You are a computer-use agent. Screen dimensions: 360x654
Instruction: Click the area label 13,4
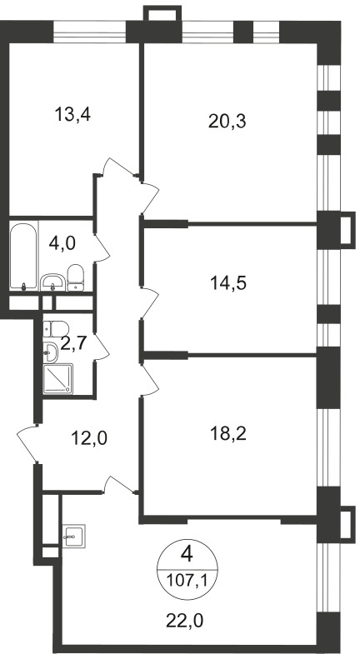pyautogui.click(x=72, y=114)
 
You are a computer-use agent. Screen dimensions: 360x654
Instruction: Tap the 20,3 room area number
pyautogui.click(x=227, y=122)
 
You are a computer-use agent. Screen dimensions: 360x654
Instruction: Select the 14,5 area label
pyautogui.click(x=228, y=283)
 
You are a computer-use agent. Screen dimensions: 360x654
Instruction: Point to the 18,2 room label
pyautogui.click(x=228, y=434)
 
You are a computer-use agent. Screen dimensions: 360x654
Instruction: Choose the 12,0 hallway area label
pyautogui.click(x=89, y=438)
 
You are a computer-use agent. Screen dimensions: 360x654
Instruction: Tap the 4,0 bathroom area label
pyautogui.click(x=62, y=242)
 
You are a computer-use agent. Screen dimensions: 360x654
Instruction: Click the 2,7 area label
pyautogui.click(x=73, y=344)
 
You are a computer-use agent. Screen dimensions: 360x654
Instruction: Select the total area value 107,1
pyautogui.click(x=187, y=579)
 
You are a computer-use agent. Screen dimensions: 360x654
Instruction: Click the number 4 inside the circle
pyautogui.click(x=187, y=555)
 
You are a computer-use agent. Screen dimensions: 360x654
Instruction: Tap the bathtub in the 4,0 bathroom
pyautogui.click(x=23, y=257)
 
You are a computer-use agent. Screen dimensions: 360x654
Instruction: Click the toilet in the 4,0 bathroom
pyautogui.click(x=76, y=277)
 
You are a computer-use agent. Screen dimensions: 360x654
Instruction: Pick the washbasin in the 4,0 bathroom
pyautogui.click(x=53, y=282)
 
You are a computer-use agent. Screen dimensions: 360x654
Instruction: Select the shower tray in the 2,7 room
pyautogui.click(x=58, y=379)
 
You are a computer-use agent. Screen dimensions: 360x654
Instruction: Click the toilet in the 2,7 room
pyautogui.click(x=56, y=329)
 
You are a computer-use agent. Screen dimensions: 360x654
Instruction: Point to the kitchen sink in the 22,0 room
pyautogui.click(x=74, y=536)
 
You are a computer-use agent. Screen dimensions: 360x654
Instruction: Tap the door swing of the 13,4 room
pyautogui.click(x=121, y=167)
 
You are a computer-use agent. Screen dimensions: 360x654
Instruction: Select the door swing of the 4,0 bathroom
pyautogui.click(x=102, y=248)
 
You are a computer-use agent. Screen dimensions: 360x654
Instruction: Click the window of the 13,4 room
pyautogui.click(x=90, y=32)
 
